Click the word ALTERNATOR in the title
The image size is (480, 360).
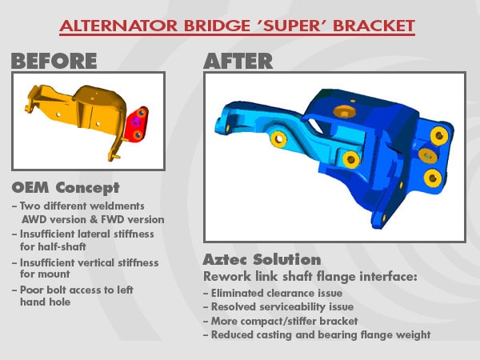point(118,26)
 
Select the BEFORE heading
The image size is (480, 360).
point(54,61)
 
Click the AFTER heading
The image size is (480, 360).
point(238,61)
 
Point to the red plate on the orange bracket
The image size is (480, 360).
point(137,125)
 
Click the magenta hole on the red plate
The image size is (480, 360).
point(135,122)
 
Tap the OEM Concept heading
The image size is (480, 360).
point(66,188)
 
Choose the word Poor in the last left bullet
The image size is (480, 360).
point(31,290)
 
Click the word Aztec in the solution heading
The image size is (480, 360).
point(225,259)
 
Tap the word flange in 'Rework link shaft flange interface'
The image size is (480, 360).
point(336,277)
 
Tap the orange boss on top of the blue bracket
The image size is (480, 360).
point(344,111)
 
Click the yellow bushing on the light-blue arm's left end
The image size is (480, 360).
point(278,139)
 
